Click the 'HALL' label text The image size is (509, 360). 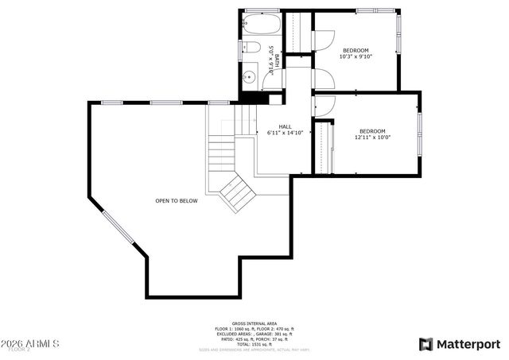284,126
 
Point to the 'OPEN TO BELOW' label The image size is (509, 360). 176,201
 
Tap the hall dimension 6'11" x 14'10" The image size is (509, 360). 285,133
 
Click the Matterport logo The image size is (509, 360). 460,343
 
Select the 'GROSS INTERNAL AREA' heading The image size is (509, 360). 254,323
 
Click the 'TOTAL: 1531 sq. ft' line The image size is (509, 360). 254,343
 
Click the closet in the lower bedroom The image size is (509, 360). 323,147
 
